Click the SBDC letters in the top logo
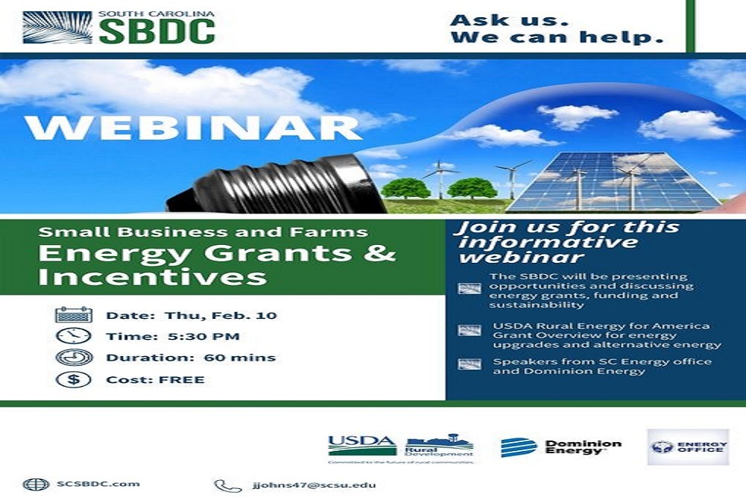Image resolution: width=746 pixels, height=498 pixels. point(157,31)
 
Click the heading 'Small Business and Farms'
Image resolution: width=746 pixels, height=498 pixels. point(204,232)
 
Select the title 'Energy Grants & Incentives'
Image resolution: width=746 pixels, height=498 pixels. point(216,264)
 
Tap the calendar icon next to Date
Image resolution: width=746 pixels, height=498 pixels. point(73,314)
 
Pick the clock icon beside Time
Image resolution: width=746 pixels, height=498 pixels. point(73,336)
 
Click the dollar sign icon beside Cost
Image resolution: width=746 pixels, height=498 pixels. point(73,379)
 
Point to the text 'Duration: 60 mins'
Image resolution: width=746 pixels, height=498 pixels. point(190,358)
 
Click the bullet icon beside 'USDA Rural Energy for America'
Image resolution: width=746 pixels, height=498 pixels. point(469,330)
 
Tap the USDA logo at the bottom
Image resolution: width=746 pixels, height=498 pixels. point(362,446)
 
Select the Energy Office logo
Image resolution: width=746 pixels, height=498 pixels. point(687,446)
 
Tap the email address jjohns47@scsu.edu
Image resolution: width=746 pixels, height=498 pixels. point(313,485)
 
